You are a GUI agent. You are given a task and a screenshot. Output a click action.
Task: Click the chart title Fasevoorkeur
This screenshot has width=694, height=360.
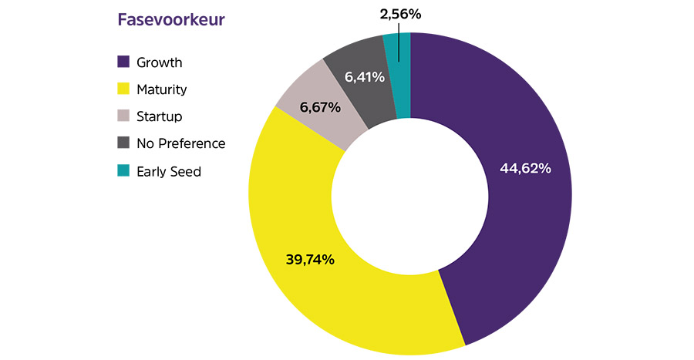point(170,20)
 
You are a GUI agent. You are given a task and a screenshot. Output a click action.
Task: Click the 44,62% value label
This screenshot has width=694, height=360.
point(524,168)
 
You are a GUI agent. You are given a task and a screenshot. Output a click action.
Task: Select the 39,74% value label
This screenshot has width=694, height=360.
point(310,260)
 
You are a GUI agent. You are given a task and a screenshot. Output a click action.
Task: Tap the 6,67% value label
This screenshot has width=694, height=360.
point(319,107)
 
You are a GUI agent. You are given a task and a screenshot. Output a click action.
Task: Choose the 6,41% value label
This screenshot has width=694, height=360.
point(363,78)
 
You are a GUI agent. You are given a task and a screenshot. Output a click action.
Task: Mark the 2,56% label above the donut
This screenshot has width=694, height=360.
point(400,14)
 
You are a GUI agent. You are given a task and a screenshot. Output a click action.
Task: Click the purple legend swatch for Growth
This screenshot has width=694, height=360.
point(123,62)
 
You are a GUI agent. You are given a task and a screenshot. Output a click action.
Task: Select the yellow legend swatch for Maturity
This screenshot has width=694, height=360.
point(123,89)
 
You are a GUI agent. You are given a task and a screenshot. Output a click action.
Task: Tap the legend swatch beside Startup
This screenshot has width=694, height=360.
point(123,116)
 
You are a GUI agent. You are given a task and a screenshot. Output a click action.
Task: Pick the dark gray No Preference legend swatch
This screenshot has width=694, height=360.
point(123,143)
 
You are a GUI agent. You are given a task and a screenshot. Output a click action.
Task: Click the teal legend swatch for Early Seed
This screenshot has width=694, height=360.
point(123,171)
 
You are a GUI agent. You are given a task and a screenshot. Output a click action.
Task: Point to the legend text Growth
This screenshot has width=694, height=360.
point(159,62)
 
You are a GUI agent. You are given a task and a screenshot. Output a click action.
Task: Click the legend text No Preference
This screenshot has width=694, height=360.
point(180,143)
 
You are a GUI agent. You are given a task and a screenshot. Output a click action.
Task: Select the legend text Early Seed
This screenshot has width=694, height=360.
point(168,171)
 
